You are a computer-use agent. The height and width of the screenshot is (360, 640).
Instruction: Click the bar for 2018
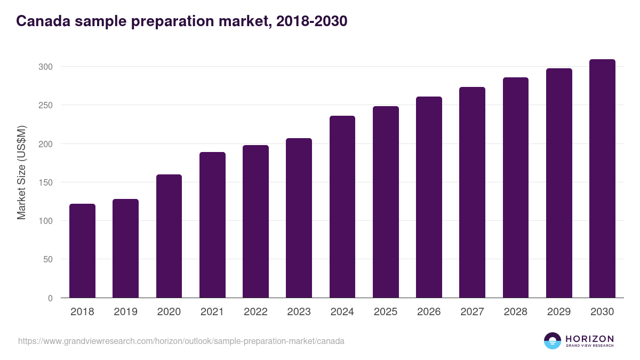(x=82, y=251)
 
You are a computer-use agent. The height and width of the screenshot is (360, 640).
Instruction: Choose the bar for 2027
(x=472, y=192)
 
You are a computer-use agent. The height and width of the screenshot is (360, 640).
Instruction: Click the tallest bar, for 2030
(x=602, y=178)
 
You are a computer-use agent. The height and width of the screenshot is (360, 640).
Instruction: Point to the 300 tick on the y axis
(x=46, y=67)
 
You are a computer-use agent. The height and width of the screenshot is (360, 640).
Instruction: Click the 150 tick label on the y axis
(x=46, y=182)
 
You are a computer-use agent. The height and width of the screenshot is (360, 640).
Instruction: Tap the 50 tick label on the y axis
(x=48, y=259)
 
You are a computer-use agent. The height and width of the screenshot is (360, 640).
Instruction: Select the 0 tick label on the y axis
(x=50, y=298)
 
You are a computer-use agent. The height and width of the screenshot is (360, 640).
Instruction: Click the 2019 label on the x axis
(x=125, y=312)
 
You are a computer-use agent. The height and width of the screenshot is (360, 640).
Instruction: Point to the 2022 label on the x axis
(x=255, y=312)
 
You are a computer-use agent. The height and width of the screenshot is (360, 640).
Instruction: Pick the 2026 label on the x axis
(x=429, y=312)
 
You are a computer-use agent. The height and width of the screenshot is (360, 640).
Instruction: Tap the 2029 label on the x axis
(x=559, y=312)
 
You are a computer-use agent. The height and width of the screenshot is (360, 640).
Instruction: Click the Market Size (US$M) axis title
(x=22, y=173)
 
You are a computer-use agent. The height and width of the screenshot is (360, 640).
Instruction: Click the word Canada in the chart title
(x=44, y=21)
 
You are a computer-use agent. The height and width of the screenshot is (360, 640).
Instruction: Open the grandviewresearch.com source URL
(x=181, y=341)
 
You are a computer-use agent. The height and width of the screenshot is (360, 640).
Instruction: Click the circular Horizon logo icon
(x=553, y=341)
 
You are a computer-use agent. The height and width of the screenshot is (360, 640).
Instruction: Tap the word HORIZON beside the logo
(x=589, y=339)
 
